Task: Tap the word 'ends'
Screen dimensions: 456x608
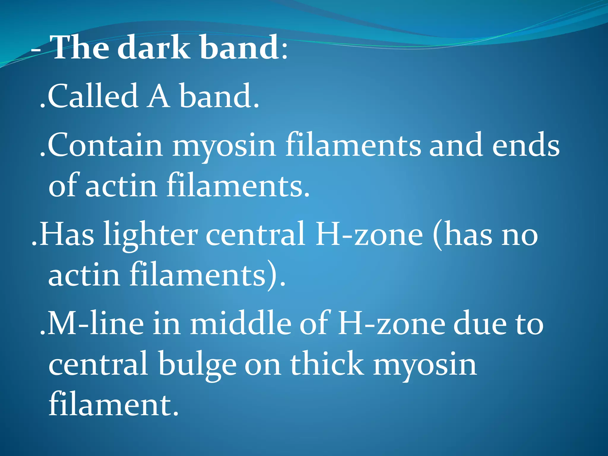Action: click(x=525, y=145)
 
